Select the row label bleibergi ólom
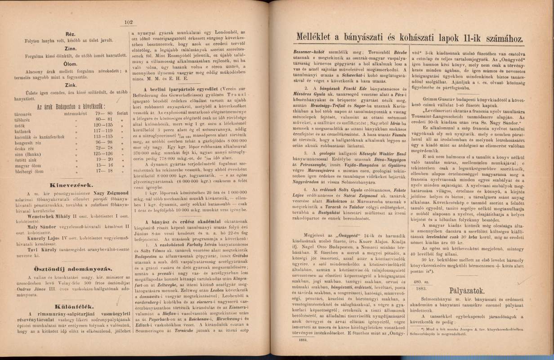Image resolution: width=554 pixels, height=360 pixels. [28, 171]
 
